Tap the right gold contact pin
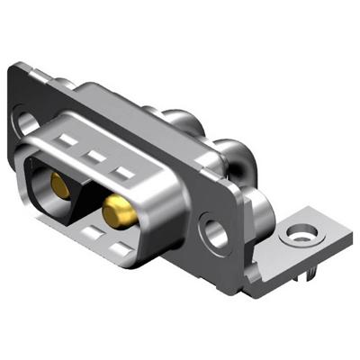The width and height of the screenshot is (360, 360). coord(116,214)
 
